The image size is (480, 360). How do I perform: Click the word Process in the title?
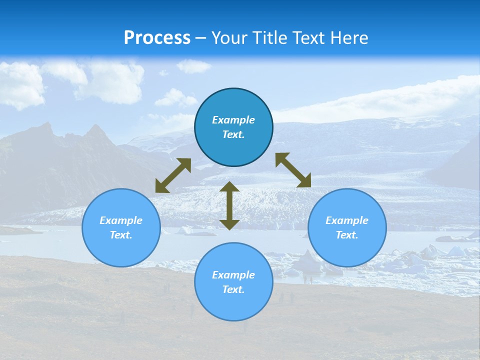click(x=157, y=38)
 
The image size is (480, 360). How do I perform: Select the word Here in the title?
click(x=349, y=38)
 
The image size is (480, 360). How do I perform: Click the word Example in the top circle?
click(x=233, y=120)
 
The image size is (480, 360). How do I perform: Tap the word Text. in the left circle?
click(x=121, y=235)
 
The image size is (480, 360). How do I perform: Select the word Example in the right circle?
click(x=347, y=220)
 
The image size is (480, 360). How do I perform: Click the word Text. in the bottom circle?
click(x=233, y=289)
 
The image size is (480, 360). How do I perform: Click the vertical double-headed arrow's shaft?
click(x=229, y=205)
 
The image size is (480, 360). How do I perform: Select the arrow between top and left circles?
click(x=173, y=175)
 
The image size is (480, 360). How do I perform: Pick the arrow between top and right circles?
click(x=293, y=170)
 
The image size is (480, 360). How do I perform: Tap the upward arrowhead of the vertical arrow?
click(x=229, y=187)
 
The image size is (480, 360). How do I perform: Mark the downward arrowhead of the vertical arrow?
click(x=229, y=224)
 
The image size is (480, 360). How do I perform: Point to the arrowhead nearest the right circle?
click(x=304, y=181)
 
